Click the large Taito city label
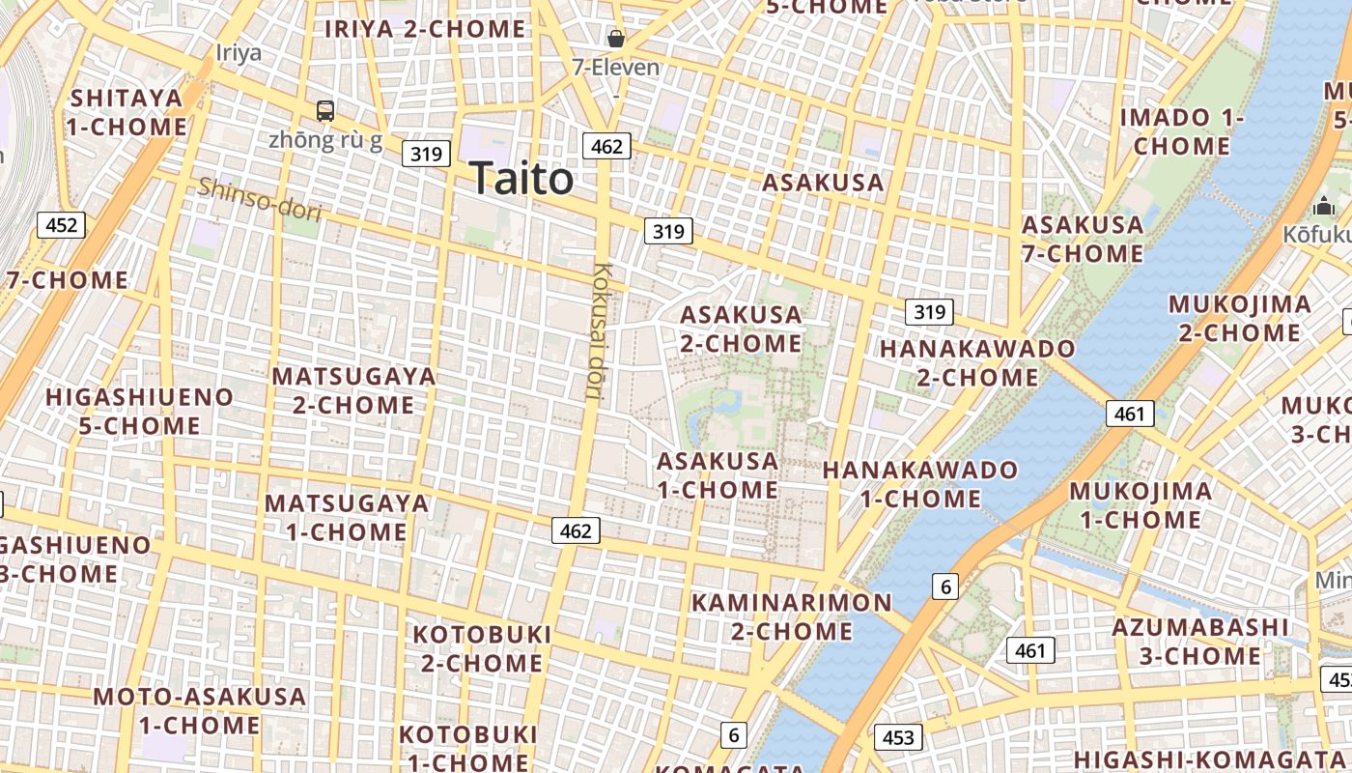(x=521, y=179)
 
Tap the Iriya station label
(x=239, y=52)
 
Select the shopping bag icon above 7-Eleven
(x=615, y=39)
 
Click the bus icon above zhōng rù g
(x=325, y=111)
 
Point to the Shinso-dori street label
(x=259, y=199)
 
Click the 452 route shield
(x=61, y=225)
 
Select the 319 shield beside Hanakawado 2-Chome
(x=929, y=311)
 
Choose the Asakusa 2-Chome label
(x=741, y=329)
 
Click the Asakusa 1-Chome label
(x=718, y=474)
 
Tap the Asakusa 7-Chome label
(x=1083, y=239)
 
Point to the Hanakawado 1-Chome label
(x=920, y=484)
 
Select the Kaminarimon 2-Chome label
(x=792, y=616)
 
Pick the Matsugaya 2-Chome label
(x=353, y=390)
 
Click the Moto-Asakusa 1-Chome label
(x=199, y=710)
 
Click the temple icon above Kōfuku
(x=1323, y=206)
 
